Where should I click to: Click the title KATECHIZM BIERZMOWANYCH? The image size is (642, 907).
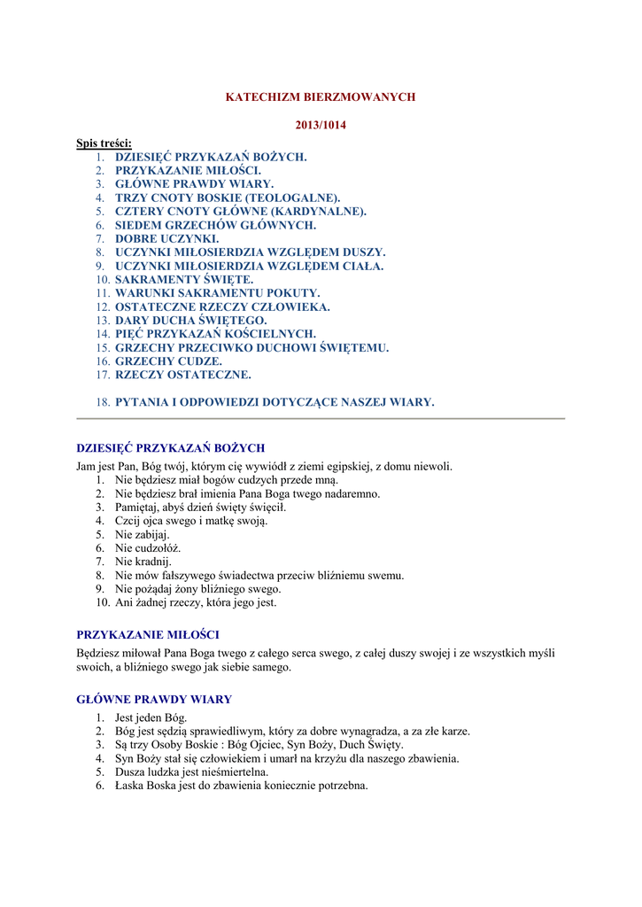[321, 97]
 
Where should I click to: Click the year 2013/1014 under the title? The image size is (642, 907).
[321, 125]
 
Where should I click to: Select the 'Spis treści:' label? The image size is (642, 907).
[104, 143]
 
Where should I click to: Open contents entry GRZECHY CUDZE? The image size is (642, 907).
[168, 361]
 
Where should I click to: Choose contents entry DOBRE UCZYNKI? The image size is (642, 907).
[167, 238]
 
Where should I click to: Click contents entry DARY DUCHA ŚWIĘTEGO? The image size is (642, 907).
[190, 320]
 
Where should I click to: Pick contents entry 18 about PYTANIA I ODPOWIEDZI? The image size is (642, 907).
[275, 402]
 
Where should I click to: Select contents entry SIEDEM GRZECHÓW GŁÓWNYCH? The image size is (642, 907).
[215, 225]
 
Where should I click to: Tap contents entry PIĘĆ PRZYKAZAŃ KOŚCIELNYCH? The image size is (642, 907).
[215, 334]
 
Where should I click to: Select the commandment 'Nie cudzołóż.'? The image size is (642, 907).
[148, 548]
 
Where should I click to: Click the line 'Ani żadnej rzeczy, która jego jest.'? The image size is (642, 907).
[196, 602]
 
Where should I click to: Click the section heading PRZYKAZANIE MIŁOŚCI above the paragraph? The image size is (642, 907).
[148, 634]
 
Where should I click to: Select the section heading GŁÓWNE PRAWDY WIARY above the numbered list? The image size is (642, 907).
[154, 699]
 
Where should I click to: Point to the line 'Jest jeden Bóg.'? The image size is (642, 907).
[151, 717]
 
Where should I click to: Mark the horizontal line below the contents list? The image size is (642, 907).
[321, 419]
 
